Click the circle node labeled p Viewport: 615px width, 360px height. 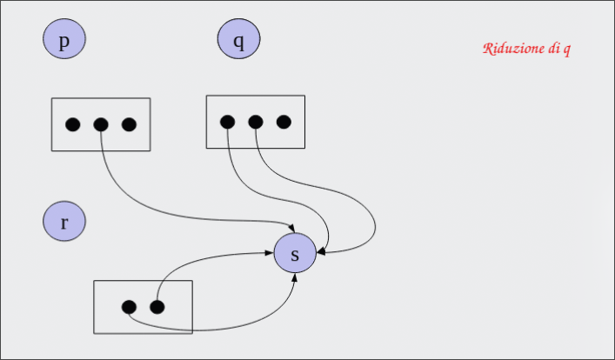pos(64,41)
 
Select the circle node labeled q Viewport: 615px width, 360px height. pos(239,40)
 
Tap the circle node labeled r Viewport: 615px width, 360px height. pos(64,222)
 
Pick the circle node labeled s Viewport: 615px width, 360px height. pos(295,254)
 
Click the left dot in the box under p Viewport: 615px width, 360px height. pos(73,124)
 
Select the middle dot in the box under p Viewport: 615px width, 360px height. pos(101,124)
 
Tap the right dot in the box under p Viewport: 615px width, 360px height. pos(129,124)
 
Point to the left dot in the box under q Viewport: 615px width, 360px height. pos(227,122)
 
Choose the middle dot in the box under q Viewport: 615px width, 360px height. pos(255,122)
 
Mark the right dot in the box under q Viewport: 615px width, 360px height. pos(283,122)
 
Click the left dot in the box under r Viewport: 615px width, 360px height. pos(129,306)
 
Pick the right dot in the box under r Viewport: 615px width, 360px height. pos(157,306)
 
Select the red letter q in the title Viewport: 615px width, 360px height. pos(567,50)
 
